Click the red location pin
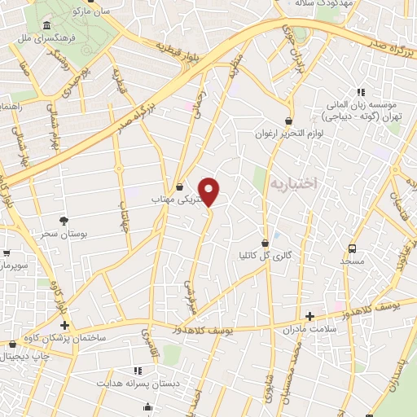point(209,192)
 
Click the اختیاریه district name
point(303,184)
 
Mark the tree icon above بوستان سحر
point(64,221)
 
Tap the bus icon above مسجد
point(352,248)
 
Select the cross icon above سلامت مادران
point(309,316)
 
